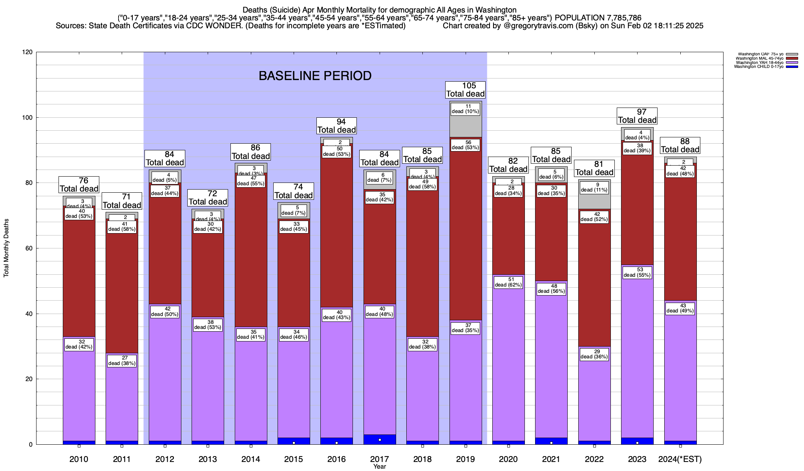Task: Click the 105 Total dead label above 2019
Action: coord(466,90)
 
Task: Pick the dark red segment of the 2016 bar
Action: coord(336,235)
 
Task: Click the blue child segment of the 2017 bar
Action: coord(380,440)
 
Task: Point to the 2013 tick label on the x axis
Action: coord(208,459)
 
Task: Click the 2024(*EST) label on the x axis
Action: coord(680,459)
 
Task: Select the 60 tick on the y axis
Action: coord(29,248)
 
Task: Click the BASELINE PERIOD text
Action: coord(315,76)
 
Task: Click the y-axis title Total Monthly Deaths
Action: coord(6,248)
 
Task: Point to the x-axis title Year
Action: coord(380,467)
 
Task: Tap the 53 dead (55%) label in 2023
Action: coord(637,272)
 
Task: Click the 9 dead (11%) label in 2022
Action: coord(594,187)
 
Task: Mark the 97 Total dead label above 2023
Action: coord(637,116)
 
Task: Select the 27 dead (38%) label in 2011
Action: coord(122,361)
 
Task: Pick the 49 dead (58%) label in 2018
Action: coord(422,184)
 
